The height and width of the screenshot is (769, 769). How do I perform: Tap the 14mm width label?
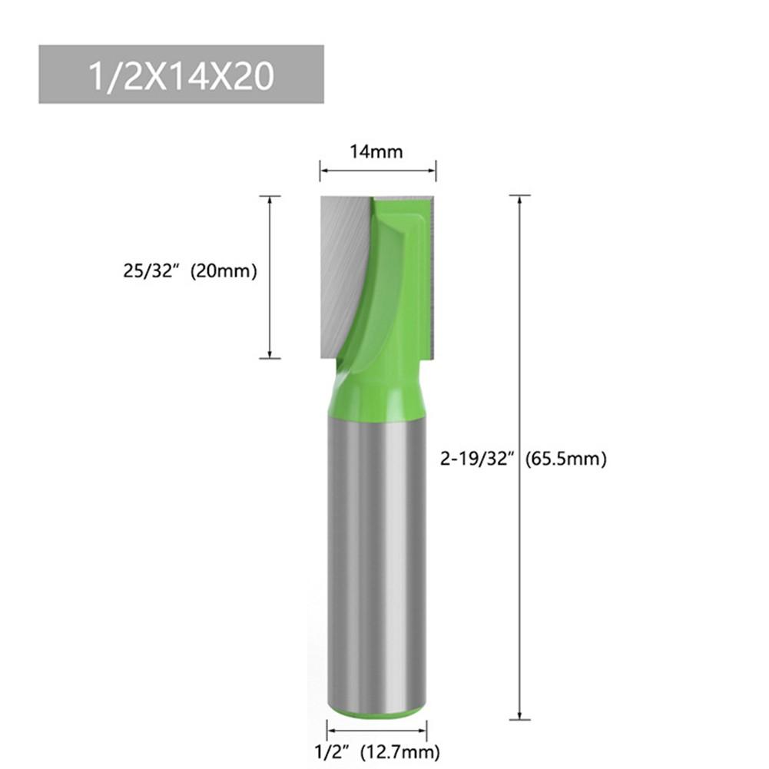tap(376, 151)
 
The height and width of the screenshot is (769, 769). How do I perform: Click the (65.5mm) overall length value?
tap(566, 459)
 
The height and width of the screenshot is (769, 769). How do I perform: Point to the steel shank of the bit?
tap(376, 553)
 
